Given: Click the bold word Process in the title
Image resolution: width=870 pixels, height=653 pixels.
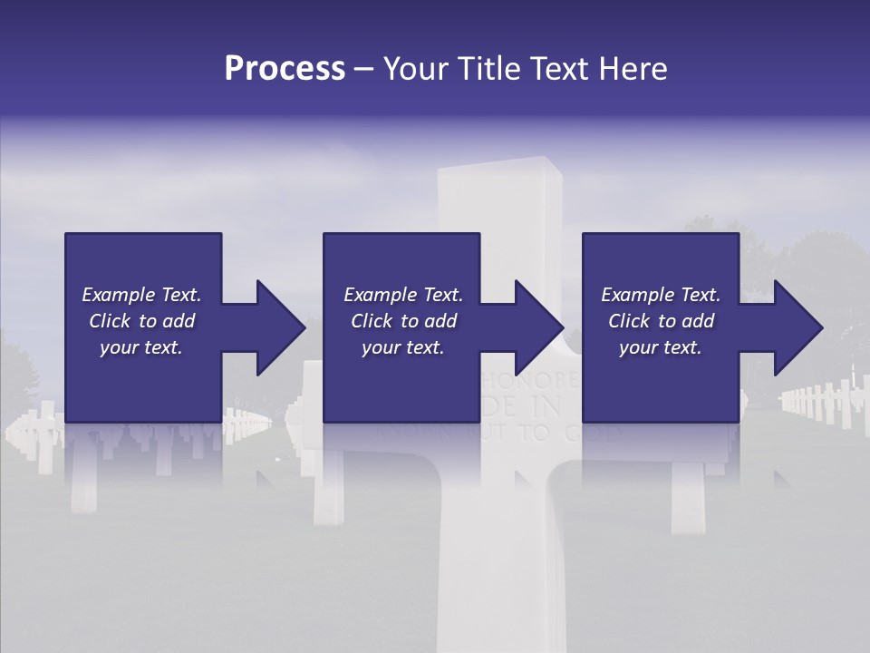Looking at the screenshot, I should coord(285,69).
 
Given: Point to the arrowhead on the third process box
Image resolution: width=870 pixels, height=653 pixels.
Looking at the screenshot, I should coord(798,328).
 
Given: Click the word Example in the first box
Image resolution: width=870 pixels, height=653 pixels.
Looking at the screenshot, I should coord(119,295).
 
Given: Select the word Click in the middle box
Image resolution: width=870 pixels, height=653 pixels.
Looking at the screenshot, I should coord(372,321).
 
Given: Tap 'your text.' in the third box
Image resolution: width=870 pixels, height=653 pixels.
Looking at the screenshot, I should coord(661,347).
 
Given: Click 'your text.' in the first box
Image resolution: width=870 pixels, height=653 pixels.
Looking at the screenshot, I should coord(141,347).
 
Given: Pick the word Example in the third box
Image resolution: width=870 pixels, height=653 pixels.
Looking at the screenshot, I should coord(638,295).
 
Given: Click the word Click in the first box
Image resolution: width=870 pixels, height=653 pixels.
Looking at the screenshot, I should coord(110,321).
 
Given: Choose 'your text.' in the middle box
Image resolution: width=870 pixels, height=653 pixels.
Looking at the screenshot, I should coord(403,347).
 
